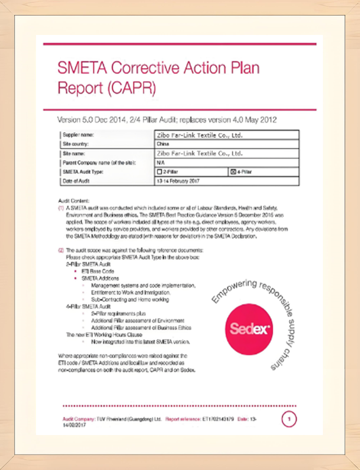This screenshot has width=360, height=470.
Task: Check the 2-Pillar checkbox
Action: coord(160,171)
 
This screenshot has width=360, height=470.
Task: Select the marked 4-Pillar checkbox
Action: coord(233,171)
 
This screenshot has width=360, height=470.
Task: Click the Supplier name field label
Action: coord(78,135)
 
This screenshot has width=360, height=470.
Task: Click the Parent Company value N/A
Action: coord(161,162)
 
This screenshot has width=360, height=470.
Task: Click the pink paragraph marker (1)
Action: coord(61,208)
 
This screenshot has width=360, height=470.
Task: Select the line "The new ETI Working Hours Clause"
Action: coord(99,334)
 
